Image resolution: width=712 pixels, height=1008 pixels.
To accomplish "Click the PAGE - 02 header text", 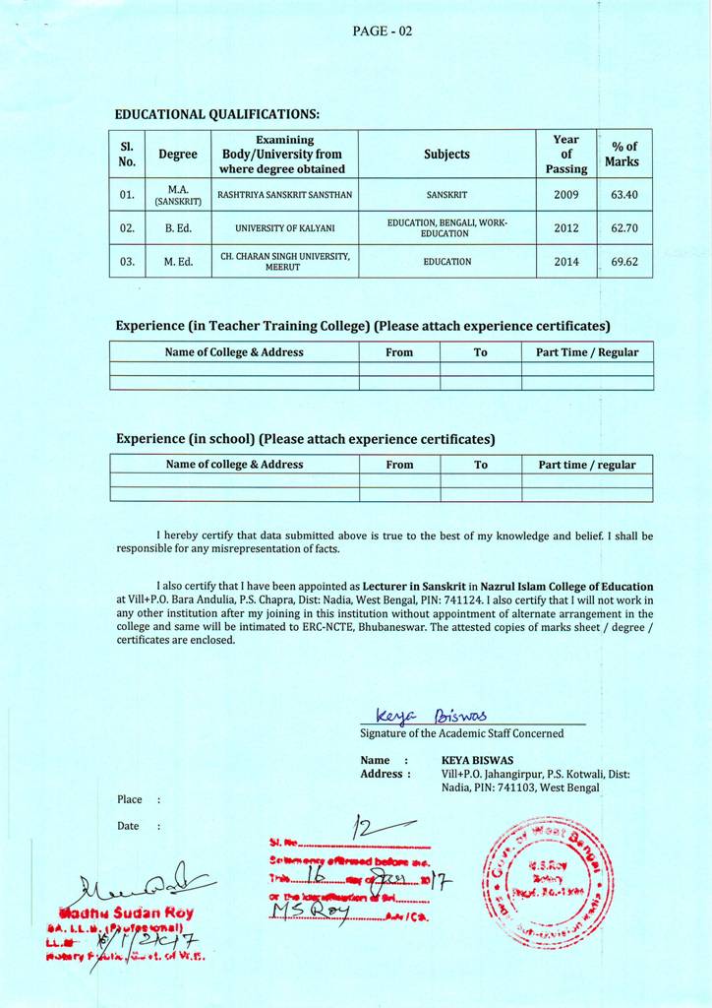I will point(383,31).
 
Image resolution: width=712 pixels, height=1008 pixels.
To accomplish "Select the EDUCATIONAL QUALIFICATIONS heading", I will point(217,114).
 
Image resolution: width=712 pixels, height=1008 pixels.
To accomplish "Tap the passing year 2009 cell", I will point(566,195).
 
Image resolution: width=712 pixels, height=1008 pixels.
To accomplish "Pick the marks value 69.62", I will point(624,262).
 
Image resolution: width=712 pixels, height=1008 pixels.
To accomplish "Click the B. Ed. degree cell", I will point(178,228).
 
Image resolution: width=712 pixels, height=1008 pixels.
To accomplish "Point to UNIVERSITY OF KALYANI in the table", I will point(285,228).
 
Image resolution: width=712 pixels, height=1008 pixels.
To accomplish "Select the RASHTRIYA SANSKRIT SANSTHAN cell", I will point(285,195).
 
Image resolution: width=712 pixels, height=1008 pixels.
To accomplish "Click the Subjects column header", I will point(446,155).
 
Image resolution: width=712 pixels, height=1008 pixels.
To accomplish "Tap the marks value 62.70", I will point(624,228).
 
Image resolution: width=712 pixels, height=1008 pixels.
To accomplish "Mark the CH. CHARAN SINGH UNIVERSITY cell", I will point(285,262).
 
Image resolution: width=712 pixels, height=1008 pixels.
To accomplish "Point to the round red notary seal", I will point(546,881).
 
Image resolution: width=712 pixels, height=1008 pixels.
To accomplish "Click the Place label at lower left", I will point(130,799).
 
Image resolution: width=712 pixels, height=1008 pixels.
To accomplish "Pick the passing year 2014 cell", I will point(566,262).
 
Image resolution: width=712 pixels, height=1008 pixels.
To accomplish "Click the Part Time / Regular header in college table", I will point(587,352).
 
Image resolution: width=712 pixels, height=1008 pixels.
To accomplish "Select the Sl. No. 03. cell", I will point(127,262).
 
